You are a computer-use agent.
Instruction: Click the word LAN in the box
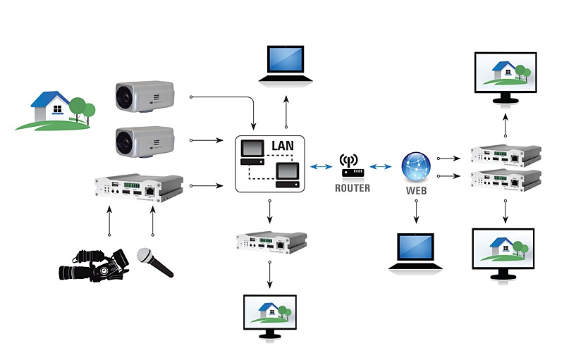284,147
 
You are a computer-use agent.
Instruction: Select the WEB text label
415,191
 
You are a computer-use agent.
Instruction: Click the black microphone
154,262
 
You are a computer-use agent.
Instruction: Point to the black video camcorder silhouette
94,265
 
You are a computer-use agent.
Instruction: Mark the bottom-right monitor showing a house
505,253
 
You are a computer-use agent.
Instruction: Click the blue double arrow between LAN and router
321,166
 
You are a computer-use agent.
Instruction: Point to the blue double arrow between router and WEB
381,166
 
